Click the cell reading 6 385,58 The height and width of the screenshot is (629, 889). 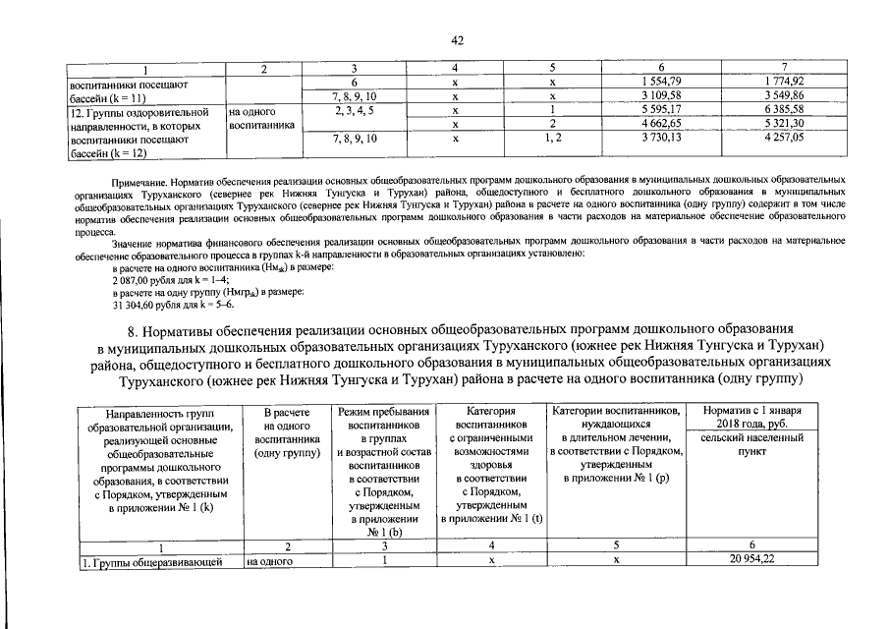pyautogui.click(x=783, y=110)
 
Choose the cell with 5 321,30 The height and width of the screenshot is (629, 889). pyautogui.click(x=783, y=124)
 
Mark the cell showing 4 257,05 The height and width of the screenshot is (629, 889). pyautogui.click(x=783, y=139)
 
